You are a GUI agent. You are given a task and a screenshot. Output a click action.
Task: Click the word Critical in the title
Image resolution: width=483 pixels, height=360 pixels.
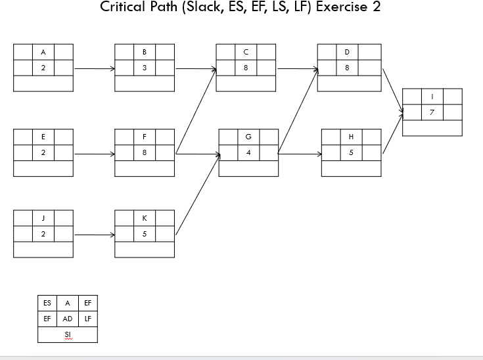tap(123, 7)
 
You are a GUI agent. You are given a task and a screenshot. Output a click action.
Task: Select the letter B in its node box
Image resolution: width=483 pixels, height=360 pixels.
tap(145, 52)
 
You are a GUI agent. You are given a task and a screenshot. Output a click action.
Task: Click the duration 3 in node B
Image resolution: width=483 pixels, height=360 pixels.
tap(145, 68)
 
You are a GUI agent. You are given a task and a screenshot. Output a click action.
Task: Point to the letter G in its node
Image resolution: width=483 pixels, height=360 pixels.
tap(248, 137)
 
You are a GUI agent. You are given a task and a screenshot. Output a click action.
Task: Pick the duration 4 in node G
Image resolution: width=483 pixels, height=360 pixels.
tap(248, 153)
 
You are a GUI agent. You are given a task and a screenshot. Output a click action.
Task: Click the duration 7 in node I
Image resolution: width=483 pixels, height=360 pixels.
tap(432, 112)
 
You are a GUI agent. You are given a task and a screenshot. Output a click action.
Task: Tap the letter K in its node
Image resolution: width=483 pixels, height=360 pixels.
tap(145, 218)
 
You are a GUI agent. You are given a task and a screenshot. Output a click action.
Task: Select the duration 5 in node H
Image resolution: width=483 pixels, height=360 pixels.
tap(351, 153)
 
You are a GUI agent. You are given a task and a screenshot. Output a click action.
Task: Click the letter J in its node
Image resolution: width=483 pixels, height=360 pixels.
tap(43, 218)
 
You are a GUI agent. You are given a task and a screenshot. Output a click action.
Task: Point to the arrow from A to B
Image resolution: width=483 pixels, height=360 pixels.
tap(94, 68)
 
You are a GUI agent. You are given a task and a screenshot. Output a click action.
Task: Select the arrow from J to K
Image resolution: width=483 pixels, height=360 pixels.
tap(94, 234)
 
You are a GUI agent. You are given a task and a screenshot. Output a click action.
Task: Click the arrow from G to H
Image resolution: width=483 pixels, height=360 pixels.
tap(300, 154)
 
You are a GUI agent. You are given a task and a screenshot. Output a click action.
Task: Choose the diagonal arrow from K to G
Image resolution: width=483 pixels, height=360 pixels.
tap(197, 194)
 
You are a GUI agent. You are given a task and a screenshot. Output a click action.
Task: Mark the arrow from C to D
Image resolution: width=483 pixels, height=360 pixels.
tap(296, 68)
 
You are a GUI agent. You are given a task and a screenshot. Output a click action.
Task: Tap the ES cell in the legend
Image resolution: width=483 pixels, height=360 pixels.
tap(47, 303)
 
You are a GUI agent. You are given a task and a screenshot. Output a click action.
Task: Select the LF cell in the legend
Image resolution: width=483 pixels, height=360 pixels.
tap(88, 319)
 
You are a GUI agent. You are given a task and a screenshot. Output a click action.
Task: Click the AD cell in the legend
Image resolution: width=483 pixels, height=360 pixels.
tap(68, 319)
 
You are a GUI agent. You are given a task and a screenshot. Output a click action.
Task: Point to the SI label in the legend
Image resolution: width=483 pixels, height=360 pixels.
tap(68, 335)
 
